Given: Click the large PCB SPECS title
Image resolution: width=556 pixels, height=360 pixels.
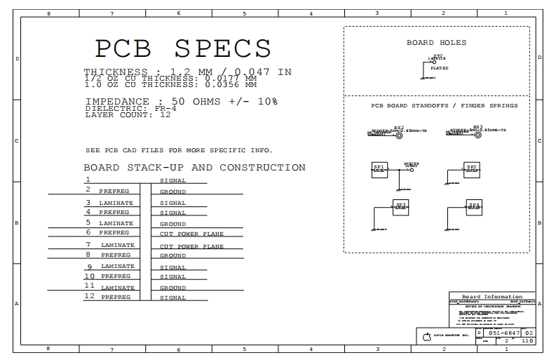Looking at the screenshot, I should point(183,48).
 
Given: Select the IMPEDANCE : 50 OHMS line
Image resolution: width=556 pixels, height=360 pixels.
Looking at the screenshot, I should point(181,102).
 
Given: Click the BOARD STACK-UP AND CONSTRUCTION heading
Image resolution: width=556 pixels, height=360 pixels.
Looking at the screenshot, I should point(194,168).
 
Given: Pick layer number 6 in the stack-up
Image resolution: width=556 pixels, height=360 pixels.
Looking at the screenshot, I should point(88,232).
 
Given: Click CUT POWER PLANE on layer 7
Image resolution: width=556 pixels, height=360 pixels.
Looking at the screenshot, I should point(191,247).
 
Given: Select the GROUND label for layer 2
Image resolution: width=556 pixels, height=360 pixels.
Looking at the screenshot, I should point(173,192).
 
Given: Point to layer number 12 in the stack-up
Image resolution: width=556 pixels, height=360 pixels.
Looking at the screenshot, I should point(89,296).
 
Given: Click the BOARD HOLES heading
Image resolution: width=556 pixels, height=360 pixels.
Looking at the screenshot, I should point(436,43).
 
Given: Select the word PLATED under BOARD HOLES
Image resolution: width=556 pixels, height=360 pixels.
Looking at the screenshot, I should point(440,68).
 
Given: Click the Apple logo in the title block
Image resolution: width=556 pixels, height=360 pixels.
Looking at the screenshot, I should point(426,338).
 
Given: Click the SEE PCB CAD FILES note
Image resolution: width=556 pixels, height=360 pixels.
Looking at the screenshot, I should point(178,150).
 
